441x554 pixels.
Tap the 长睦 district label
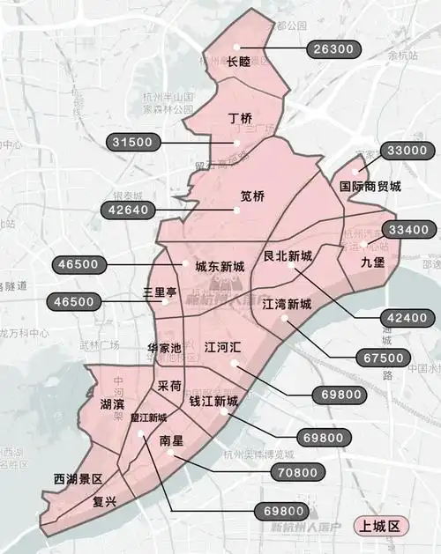point(239,62)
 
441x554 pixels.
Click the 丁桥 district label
point(240,118)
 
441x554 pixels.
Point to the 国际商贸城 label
point(370,187)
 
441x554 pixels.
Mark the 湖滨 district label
point(112,403)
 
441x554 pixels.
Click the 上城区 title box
point(379,527)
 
